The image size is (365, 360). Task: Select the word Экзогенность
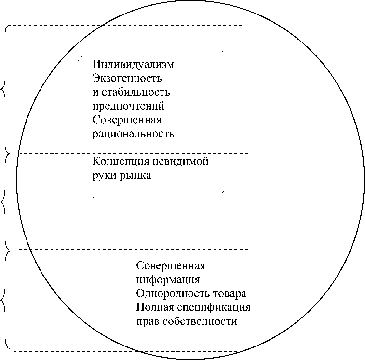[x=127, y=78]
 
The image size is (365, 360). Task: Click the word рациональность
[x=133, y=134]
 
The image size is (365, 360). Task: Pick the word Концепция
[x=118, y=162]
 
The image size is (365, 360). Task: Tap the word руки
[x=103, y=176]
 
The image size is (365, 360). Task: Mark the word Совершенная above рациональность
[x=127, y=120]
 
